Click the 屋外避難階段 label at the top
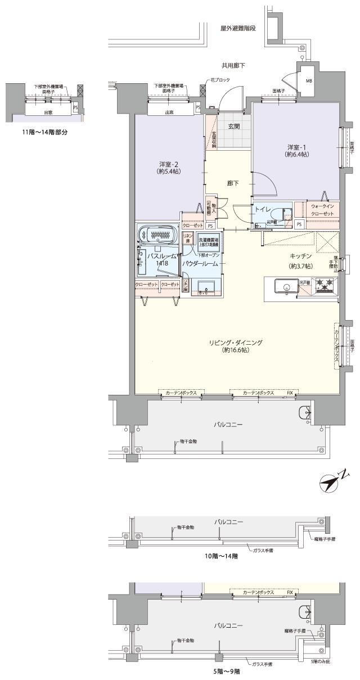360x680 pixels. (x=239, y=28)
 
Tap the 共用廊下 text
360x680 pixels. (x=232, y=66)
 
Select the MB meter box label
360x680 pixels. (x=309, y=81)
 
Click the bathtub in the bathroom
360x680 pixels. (x=157, y=234)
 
